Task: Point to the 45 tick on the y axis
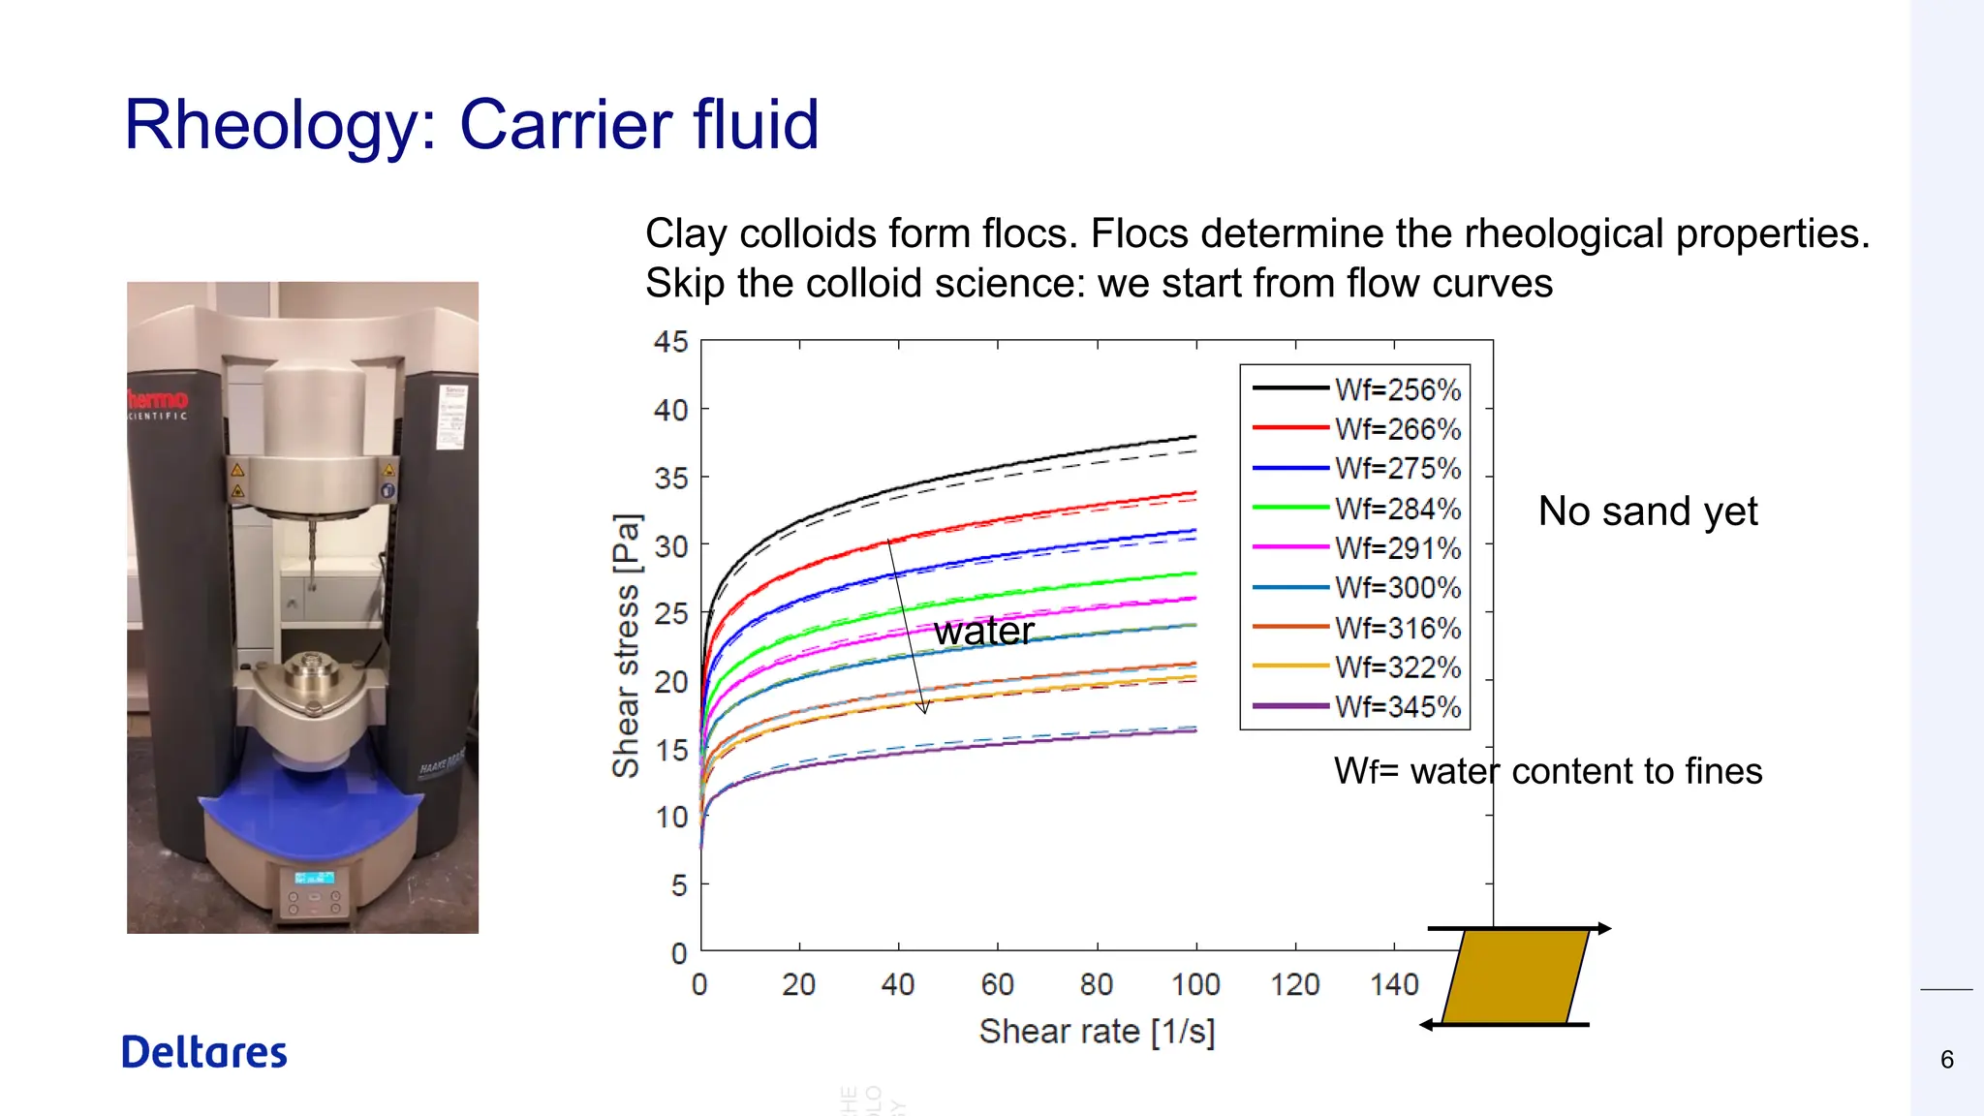[x=670, y=342]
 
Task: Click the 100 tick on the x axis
[x=1195, y=985]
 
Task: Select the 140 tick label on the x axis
[x=1394, y=985]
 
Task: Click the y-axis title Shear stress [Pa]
[x=627, y=645]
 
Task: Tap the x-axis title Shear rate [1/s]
[x=1097, y=1032]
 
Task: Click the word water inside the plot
[x=983, y=632]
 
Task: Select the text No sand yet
[x=1647, y=511]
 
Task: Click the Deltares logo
[x=204, y=1052]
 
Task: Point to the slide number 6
[x=1946, y=1060]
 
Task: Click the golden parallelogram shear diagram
[x=1515, y=976]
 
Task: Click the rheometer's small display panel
[x=314, y=878]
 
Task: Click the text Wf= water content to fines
[x=1547, y=771]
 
